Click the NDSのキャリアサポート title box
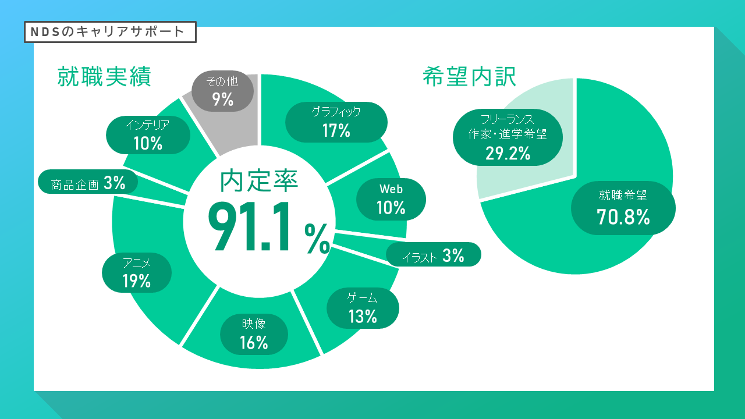coord(110,32)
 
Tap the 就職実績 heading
coord(104,76)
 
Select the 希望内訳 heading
coord(469,76)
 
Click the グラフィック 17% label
coord(336,122)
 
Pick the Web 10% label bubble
coord(391,199)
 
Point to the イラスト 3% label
coord(434,254)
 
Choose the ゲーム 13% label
coord(363,308)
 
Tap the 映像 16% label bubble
coord(254,334)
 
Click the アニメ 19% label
coord(137,273)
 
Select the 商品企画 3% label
coord(88,182)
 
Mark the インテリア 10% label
coord(148,135)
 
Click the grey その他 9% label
coord(222,91)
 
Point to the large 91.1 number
coord(249,226)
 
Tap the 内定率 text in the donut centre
coord(259,180)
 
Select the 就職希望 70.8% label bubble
coord(623,208)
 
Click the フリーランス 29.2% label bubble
coord(508,137)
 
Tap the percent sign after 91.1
coord(317,239)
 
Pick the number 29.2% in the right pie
coord(508,153)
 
